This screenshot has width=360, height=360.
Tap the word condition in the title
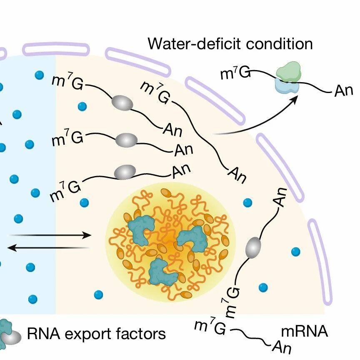280,43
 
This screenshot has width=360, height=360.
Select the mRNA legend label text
305,331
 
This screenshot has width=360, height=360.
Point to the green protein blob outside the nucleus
289,71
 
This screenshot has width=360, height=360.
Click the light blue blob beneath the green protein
287,86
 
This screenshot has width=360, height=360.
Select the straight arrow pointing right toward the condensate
50,235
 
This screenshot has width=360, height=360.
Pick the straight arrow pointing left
48,248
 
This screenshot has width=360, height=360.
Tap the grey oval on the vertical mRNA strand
253,248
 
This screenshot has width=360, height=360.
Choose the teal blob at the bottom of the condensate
162,272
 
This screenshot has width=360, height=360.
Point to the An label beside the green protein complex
343,91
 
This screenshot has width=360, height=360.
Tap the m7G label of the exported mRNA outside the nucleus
235,72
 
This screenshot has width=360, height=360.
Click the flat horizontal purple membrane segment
56,49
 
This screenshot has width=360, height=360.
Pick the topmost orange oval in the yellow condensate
167,193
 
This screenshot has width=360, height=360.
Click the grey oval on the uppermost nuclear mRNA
122,103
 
